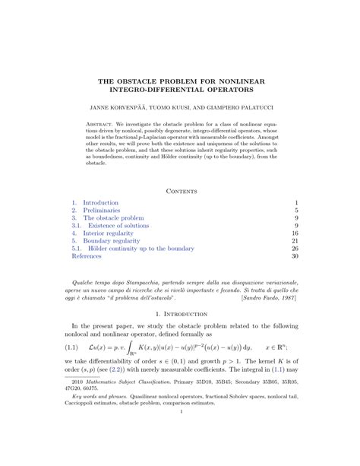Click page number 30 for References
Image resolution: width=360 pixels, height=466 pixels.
(294, 257)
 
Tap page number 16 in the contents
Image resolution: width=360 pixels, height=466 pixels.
(294, 232)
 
